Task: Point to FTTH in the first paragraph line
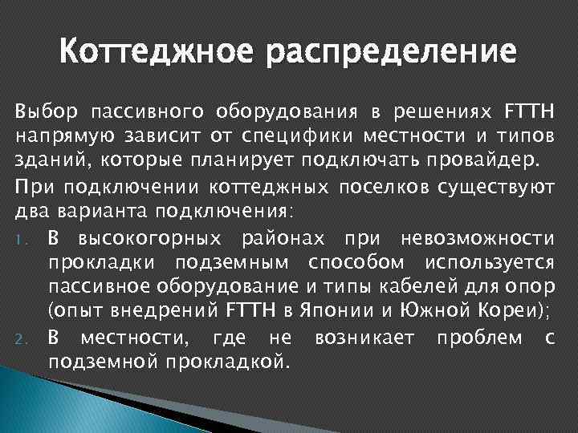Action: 527,109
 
